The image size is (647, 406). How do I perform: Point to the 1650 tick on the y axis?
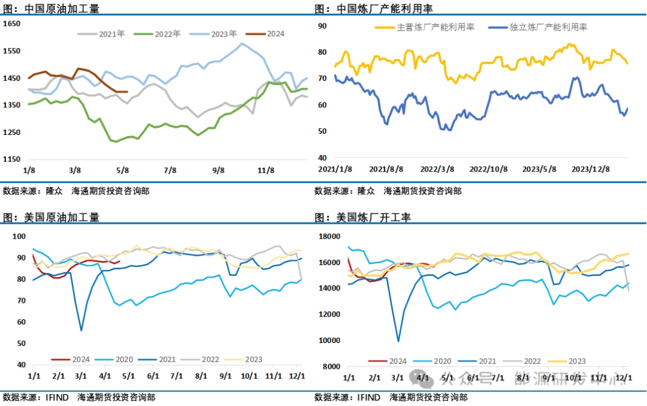click(12, 23)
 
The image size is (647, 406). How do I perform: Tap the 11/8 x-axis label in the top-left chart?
click(265, 170)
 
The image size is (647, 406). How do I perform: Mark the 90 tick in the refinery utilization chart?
click(322, 26)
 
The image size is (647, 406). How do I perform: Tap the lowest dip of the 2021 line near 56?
click(81, 330)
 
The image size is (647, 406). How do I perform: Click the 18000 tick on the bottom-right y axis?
click(329, 236)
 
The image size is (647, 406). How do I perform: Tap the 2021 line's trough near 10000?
click(398, 341)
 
